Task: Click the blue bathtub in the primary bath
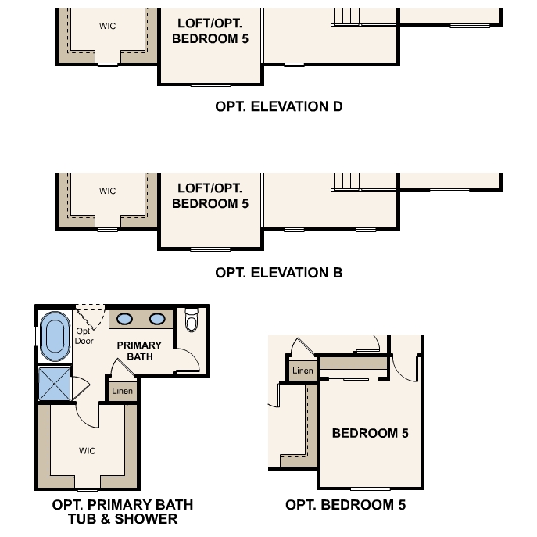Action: [55, 336]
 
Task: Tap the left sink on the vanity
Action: [125, 319]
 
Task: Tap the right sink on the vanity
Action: [157, 319]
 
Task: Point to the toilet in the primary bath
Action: [192, 320]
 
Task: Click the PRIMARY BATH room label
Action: [139, 350]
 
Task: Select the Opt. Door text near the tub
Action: [84, 336]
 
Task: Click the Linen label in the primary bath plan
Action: [122, 391]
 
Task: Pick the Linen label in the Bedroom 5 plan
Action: [303, 371]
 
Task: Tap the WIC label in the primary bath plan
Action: [87, 451]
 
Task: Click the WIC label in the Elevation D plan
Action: [107, 27]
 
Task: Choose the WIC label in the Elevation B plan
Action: [107, 192]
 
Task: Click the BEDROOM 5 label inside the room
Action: [370, 433]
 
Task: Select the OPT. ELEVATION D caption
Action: [278, 106]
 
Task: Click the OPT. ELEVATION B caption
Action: [278, 273]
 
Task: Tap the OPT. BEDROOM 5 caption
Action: [345, 505]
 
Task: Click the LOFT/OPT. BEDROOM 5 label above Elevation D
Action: [209, 31]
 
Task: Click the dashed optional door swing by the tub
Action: [90, 317]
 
